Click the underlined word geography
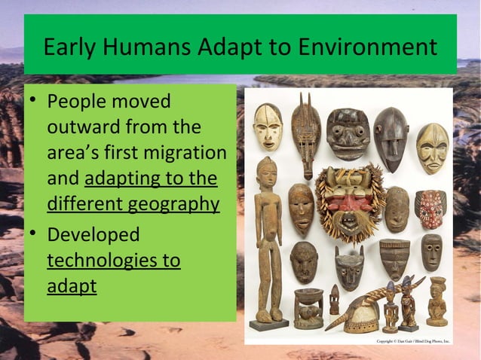point(173,204)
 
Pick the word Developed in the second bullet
point(93,234)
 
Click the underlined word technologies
point(114,261)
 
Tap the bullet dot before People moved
point(32,102)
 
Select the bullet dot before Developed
point(32,235)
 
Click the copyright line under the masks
point(412,341)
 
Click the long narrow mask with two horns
point(306,132)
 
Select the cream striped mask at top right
point(432,148)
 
